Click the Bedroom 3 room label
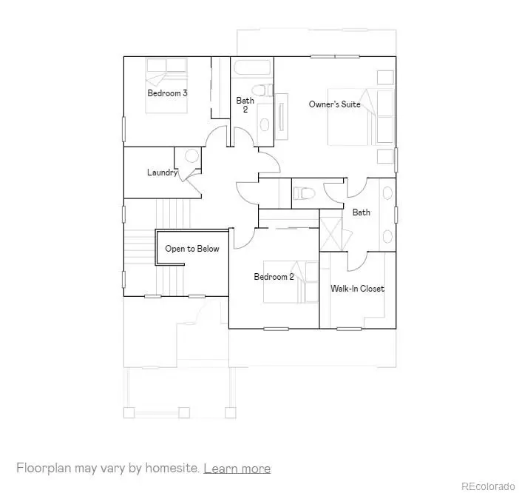(167, 93)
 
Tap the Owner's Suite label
(334, 104)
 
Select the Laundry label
(162, 172)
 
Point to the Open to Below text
(191, 249)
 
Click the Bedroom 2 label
(274, 277)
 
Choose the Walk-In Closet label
(357, 289)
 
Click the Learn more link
(237, 469)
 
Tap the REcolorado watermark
(487, 486)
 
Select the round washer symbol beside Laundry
(191, 156)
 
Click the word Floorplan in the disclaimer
(44, 469)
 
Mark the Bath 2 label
(245, 105)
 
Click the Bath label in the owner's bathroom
(361, 212)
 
